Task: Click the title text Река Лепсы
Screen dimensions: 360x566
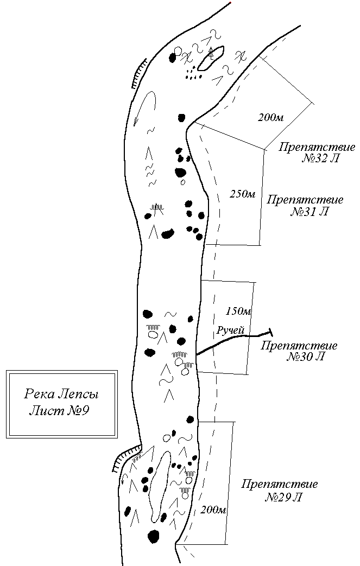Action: click(61, 393)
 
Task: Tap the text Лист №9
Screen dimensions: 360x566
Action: click(59, 410)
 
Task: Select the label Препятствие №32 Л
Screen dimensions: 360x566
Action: click(317, 152)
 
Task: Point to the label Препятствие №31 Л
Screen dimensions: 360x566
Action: click(305, 205)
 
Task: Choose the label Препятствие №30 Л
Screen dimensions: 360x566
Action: click(299, 351)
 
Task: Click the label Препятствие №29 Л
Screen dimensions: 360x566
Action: click(280, 490)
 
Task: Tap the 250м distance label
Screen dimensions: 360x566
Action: click(243, 194)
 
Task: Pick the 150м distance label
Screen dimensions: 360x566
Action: click(239, 311)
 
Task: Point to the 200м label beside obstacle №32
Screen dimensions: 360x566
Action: click(271, 117)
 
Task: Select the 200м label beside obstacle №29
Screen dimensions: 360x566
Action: click(213, 510)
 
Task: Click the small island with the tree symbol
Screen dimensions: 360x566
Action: click(211, 58)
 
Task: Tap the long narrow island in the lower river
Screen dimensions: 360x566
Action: click(160, 486)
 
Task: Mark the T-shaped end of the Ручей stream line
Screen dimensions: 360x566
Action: click(270, 333)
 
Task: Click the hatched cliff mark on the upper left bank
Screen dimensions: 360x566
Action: click(139, 73)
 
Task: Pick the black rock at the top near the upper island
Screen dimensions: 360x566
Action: click(173, 58)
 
